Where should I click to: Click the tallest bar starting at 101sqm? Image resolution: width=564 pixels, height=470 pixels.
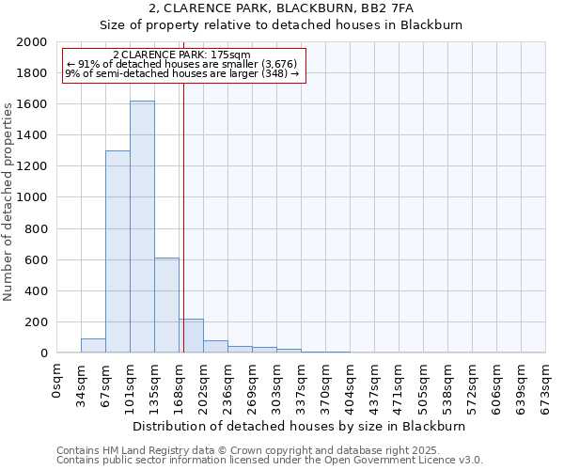[142, 227]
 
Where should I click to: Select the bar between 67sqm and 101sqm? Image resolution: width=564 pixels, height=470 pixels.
[117, 252]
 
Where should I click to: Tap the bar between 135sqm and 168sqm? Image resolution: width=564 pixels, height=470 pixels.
[166, 305]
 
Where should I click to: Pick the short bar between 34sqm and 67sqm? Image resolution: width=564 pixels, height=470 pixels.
[93, 345]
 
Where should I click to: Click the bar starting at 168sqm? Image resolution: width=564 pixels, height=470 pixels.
[192, 336]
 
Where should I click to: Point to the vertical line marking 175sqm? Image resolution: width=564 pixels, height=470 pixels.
[183, 216]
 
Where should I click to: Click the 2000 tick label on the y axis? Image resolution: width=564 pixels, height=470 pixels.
[32, 42]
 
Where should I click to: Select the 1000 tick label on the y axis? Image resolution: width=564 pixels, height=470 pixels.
[32, 197]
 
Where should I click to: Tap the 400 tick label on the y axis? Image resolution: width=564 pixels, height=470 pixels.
[36, 291]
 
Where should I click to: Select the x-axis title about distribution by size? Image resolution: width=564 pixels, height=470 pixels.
[301, 426]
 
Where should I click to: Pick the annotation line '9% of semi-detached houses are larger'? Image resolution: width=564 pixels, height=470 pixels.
[181, 73]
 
